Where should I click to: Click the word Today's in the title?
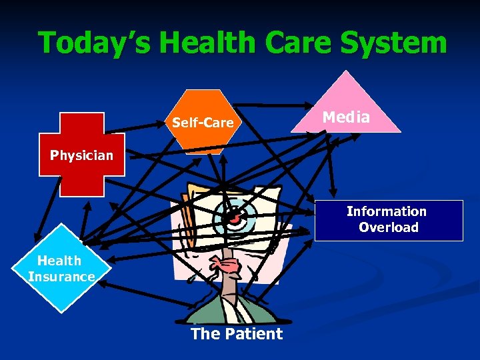93,43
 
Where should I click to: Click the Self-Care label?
203,123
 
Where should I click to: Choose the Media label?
346,118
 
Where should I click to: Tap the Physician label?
82,156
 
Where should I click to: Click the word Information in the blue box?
387,212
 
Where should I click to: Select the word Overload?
389,227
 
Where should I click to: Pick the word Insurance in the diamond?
61,277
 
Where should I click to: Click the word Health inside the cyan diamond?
59,261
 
